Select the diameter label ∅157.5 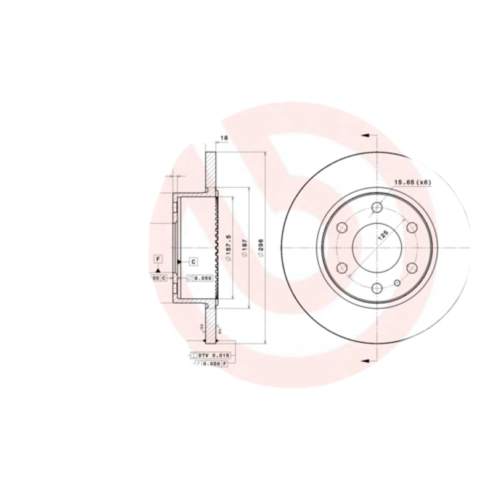pos(228,247)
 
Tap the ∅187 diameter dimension pos(244,248)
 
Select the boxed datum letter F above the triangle pos(158,258)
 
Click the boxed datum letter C pos(193,261)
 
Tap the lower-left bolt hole pos(342,268)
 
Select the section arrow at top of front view pos(366,136)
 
